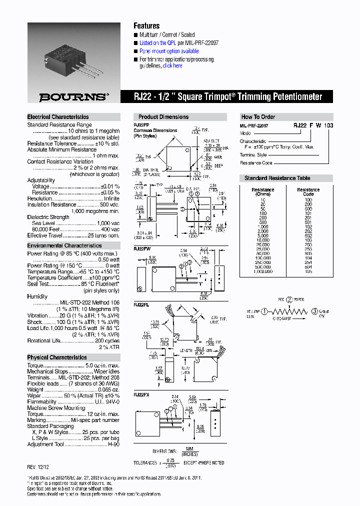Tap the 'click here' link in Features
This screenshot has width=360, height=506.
[172, 66]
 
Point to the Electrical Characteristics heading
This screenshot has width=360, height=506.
[58, 117]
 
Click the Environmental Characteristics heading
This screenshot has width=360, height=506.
[64, 245]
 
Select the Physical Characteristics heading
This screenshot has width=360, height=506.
[56, 357]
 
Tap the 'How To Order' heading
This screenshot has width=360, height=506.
[258, 117]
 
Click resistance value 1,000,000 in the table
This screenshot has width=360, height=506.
[262, 271]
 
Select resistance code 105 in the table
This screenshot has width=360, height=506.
[308, 271]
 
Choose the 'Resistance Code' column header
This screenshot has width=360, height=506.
[308, 192]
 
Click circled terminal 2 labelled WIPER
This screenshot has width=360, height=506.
[288, 300]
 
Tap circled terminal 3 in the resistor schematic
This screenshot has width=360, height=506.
[314, 311]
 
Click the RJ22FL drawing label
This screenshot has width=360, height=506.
[141, 303]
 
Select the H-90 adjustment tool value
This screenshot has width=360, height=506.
[114, 444]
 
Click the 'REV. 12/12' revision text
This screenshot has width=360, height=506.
[38, 466]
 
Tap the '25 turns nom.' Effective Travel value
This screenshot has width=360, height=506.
[103, 235]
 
